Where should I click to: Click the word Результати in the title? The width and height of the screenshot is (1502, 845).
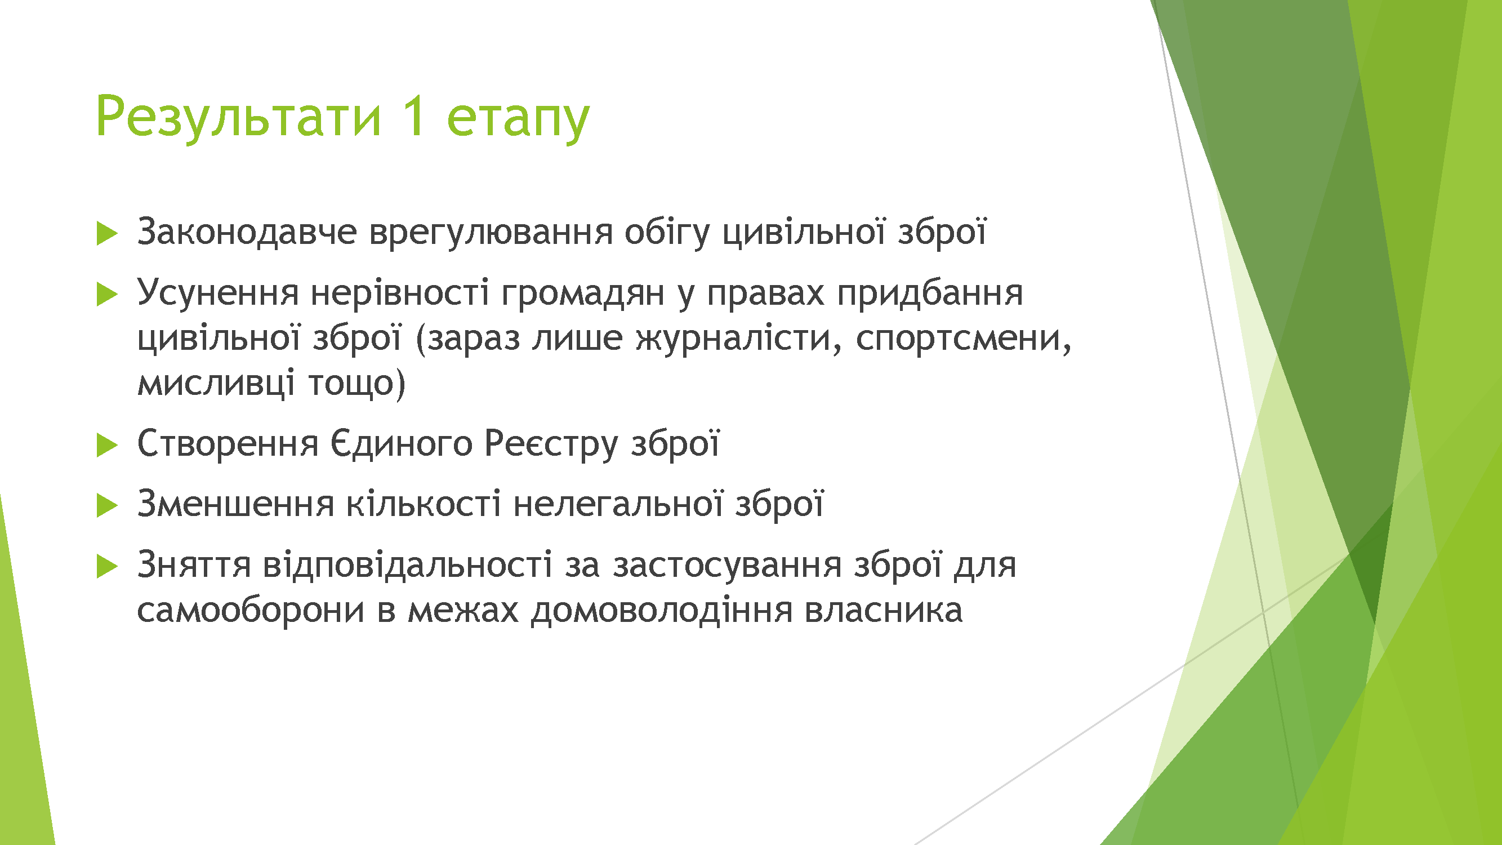[x=238, y=117]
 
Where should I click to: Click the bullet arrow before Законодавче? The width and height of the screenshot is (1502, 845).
[x=106, y=233]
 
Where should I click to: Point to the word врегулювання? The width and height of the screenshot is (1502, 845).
[x=491, y=234]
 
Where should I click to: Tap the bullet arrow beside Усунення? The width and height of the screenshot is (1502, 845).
[x=106, y=294]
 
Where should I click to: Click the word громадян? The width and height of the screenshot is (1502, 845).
[x=582, y=295]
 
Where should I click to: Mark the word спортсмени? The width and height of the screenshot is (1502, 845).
[x=963, y=339]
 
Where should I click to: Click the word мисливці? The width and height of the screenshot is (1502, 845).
[x=216, y=384]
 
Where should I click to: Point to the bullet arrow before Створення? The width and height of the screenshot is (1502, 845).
[x=106, y=445]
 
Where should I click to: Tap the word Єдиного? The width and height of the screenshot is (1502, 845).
[x=401, y=444]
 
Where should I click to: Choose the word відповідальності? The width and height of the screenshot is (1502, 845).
[x=408, y=565]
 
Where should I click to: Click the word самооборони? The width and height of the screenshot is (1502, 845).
[x=251, y=611]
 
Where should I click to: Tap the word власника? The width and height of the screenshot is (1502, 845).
[x=884, y=611]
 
